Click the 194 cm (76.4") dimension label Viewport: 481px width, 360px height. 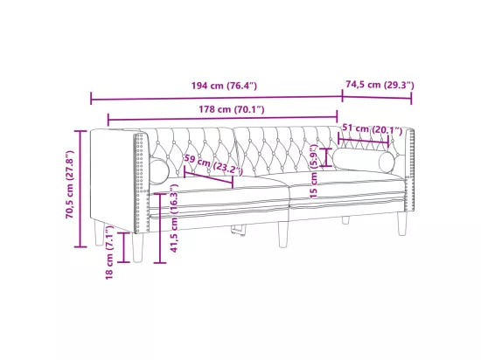(x=224, y=86)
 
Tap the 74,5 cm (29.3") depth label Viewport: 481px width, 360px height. (x=380, y=85)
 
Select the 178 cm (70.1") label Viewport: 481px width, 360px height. (x=232, y=109)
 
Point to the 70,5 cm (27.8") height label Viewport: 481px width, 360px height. (x=70, y=184)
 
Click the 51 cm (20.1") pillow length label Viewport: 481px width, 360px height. (x=372, y=129)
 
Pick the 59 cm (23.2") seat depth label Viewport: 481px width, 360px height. (x=213, y=164)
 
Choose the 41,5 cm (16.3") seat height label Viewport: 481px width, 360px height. (x=174, y=218)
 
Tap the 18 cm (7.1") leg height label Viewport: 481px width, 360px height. (x=110, y=253)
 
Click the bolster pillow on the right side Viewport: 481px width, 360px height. (x=364, y=159)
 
